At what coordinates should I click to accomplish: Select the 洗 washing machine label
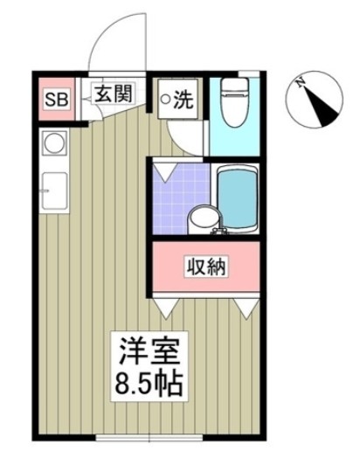(x=183, y=99)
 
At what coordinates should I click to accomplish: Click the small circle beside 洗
(x=165, y=100)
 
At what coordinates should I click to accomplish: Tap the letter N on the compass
(x=300, y=84)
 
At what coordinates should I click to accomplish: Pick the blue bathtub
(x=237, y=199)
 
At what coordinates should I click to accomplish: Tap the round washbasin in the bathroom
(x=202, y=219)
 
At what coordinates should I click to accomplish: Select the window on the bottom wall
(x=149, y=436)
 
